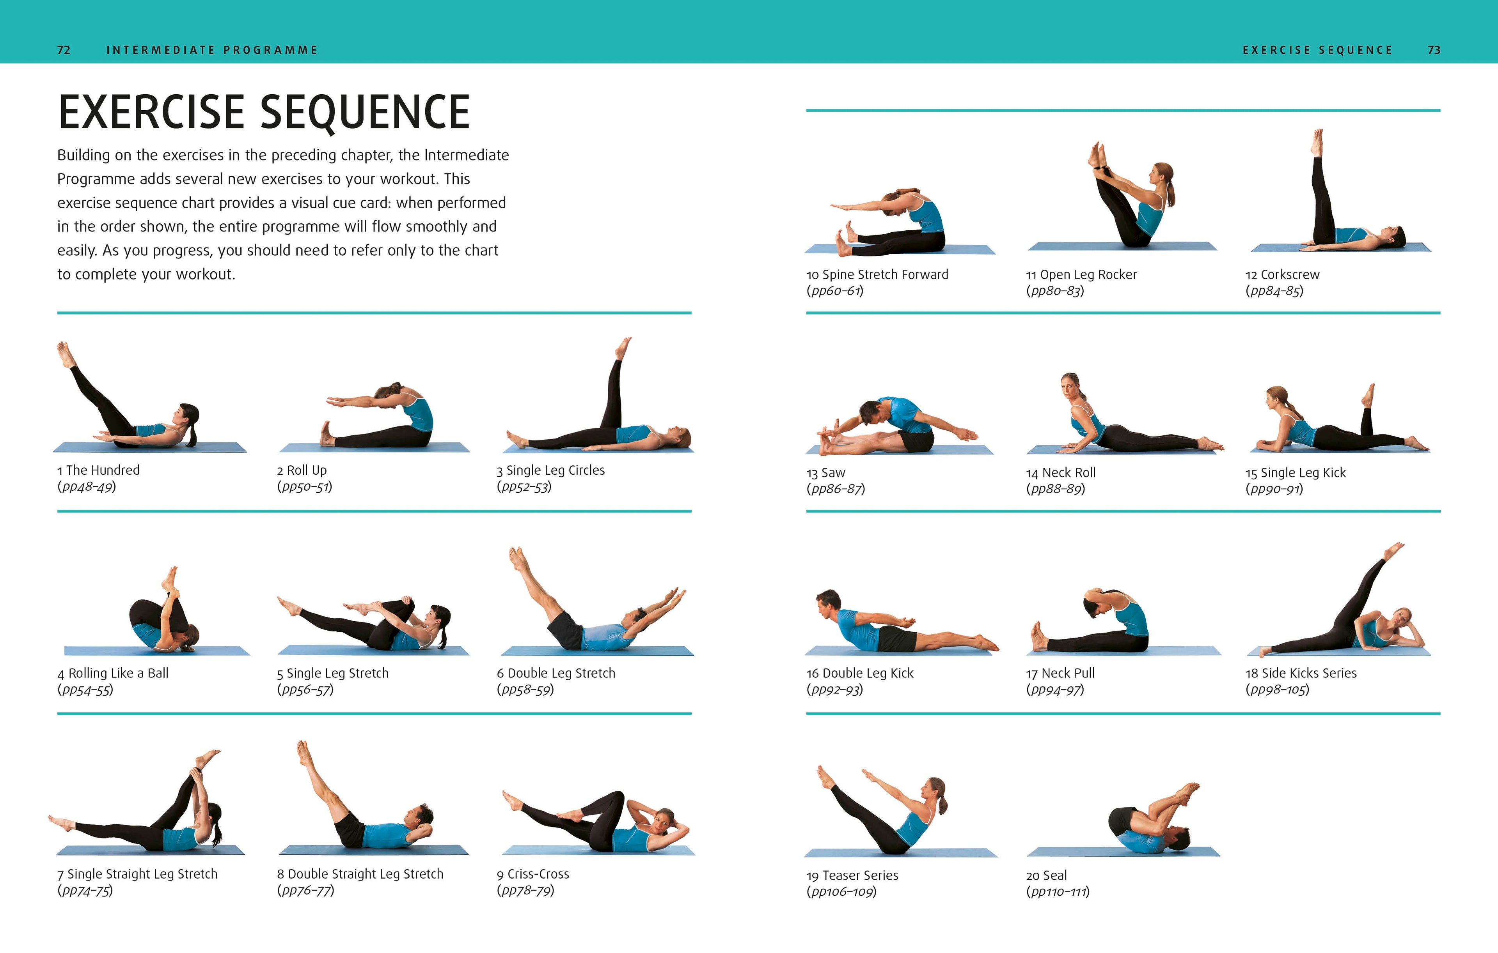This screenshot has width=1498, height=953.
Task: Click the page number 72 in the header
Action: coord(64,50)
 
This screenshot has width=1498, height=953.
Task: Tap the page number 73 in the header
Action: coord(1433,50)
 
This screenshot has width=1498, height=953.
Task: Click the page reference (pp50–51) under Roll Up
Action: coord(304,487)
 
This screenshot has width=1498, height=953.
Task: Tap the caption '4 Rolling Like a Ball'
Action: coord(113,673)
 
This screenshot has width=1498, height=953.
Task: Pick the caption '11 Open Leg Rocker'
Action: coord(1081,275)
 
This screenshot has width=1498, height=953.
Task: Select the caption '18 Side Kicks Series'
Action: coord(1301,673)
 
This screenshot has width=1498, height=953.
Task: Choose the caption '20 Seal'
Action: coord(1046,876)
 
